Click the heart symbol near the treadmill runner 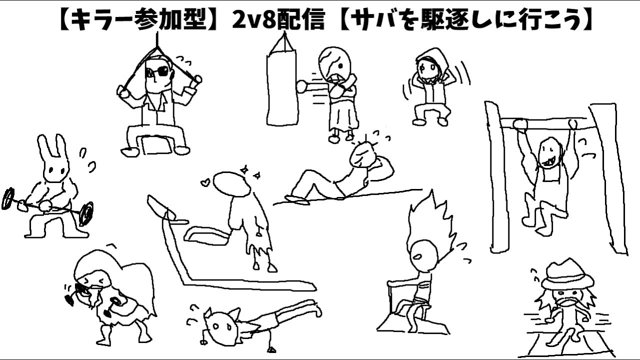[x=205, y=182]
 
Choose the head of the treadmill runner [x=231, y=183]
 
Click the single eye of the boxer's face [x=340, y=66]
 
